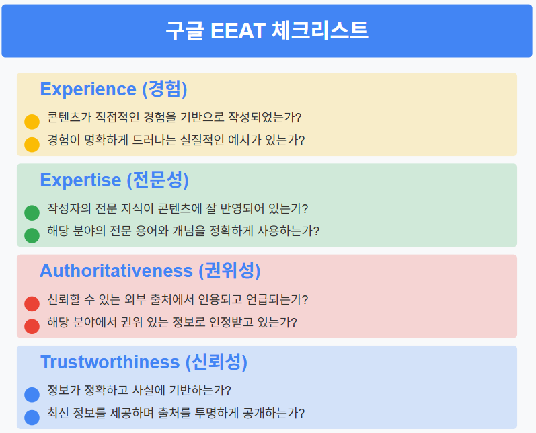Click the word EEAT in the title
[x=238, y=31]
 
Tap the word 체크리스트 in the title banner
[x=320, y=30]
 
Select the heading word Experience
[x=88, y=90]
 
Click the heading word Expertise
[x=81, y=180]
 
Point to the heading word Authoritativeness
[x=116, y=271]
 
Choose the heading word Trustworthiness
[x=110, y=362]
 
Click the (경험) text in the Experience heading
[x=165, y=89]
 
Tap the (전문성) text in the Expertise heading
[x=157, y=180]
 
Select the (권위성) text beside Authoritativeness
[x=230, y=271]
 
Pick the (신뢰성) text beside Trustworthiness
[x=217, y=362]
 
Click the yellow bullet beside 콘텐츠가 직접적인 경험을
[x=32, y=122]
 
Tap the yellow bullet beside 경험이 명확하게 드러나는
[x=32, y=145]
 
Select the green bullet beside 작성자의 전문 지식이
[x=32, y=212]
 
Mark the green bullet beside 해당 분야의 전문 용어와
[x=32, y=235]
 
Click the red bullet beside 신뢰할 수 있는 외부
[x=32, y=303]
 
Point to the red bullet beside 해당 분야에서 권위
[x=32, y=326]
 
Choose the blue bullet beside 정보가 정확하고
[x=32, y=395]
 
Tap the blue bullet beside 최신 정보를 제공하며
[x=32, y=418]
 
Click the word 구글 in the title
[x=184, y=31]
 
